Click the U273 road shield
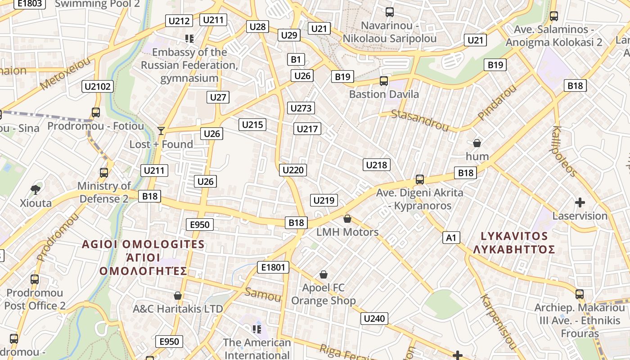301,108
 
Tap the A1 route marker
451,238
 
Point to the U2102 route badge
98,86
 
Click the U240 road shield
374,319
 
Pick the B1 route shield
296,59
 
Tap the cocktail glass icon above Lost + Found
161,131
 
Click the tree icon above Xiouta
35,189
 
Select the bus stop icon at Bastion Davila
383,81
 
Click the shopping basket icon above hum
477,143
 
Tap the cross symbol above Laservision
580,202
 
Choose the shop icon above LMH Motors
347,219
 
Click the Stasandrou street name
420,119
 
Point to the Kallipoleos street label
564,151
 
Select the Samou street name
263,295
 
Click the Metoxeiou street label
65,74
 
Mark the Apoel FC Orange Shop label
324,294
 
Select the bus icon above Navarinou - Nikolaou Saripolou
390,12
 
